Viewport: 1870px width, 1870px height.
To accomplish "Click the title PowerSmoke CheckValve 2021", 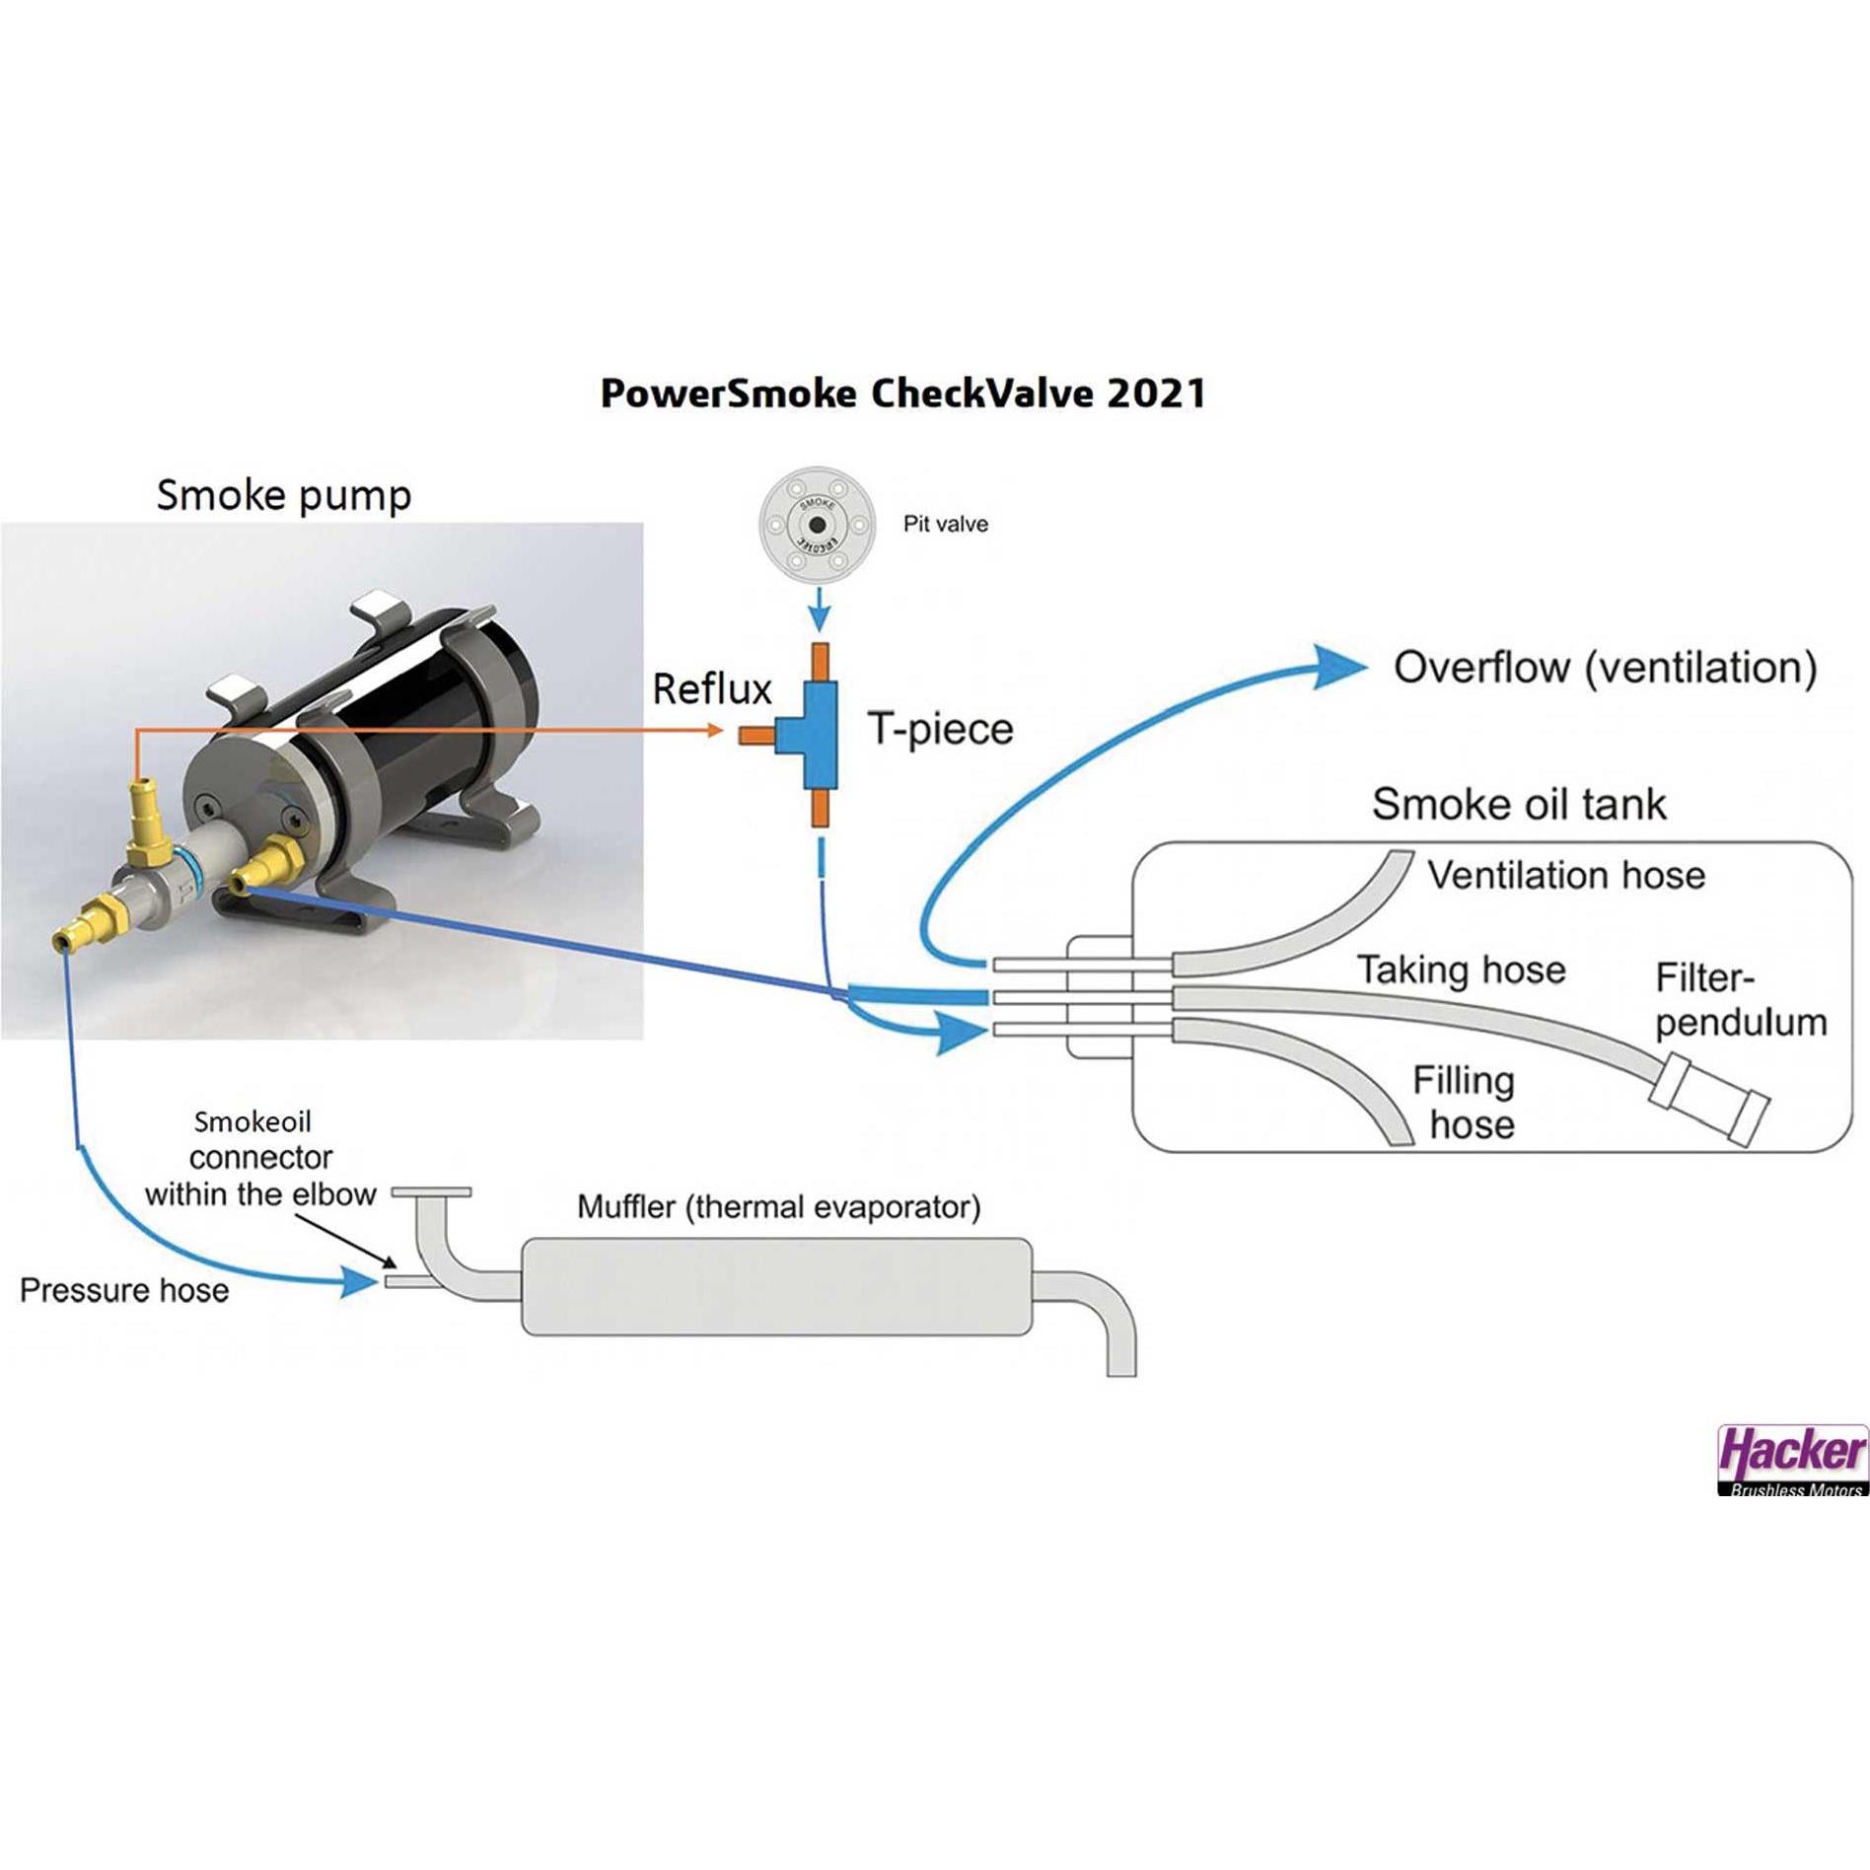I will pyautogui.click(x=902, y=394).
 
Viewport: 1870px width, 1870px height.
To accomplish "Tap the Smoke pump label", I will pyautogui.click(x=284, y=495).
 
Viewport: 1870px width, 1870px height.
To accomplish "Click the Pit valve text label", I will pyautogui.click(x=945, y=524).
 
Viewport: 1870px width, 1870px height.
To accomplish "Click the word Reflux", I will pyautogui.click(x=711, y=689).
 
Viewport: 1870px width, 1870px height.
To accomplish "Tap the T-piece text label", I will pyautogui.click(x=940, y=730).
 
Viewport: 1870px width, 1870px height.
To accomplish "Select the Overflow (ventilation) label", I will pyautogui.click(x=1605, y=668).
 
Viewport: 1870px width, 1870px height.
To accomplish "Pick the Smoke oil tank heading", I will pyautogui.click(x=1519, y=805).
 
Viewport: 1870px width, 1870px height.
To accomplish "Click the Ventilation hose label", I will pyautogui.click(x=1566, y=875).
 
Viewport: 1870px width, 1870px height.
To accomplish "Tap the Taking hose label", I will pyautogui.click(x=1461, y=970).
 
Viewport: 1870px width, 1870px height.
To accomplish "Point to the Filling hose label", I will pyautogui.click(x=1464, y=1103).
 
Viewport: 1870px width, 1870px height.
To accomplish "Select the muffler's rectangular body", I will pyautogui.click(x=776, y=1287).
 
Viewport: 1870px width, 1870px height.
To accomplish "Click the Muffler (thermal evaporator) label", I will pyautogui.click(x=778, y=1206).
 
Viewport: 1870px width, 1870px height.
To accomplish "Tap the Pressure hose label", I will pyautogui.click(x=124, y=1290).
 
